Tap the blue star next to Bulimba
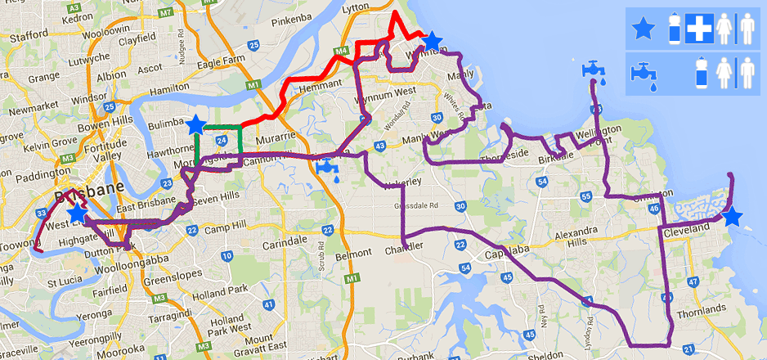coord(195,124)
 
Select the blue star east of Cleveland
coord(732,217)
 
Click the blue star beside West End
coord(77,214)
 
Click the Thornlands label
coord(702,308)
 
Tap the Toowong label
coord(18,244)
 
